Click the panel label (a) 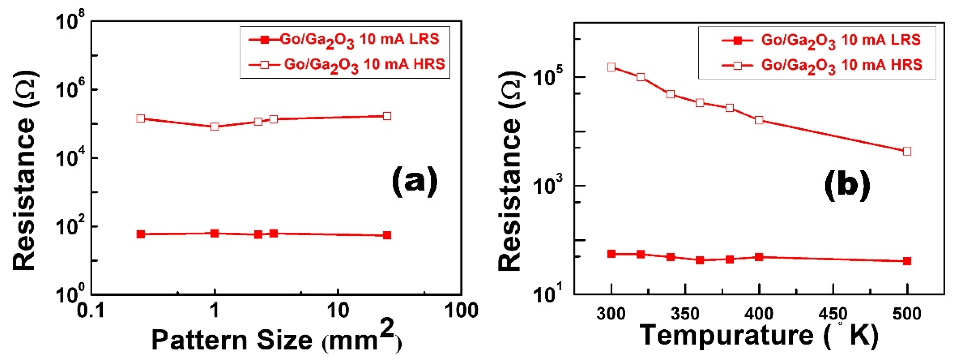tap(415, 182)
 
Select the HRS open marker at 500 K tap(907, 151)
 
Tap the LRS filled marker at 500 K tap(907, 261)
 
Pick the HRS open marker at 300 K tap(612, 67)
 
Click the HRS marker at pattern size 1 tap(214, 126)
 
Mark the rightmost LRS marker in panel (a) tap(387, 235)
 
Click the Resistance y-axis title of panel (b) tap(510, 171)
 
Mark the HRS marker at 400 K tap(759, 120)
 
